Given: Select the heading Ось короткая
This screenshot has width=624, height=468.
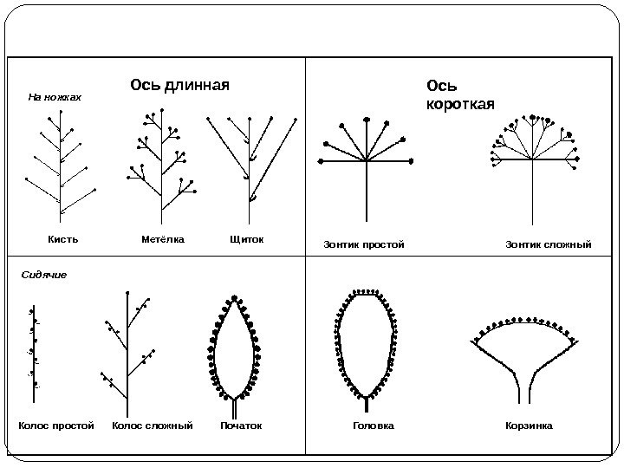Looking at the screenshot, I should (x=459, y=95).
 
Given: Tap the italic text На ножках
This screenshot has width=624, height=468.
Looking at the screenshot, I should (x=55, y=98).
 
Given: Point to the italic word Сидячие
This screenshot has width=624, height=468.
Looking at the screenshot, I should (x=43, y=274).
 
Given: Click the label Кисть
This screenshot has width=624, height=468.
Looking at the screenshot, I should (x=61, y=238).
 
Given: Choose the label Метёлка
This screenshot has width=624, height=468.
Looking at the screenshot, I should (x=163, y=238).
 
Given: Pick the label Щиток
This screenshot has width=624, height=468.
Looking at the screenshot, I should (x=246, y=238).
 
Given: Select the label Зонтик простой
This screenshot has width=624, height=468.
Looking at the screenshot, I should (x=364, y=245).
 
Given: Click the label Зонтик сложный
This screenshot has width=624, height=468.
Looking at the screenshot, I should (x=548, y=245).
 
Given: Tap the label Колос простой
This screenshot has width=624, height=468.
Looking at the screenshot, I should (x=55, y=426).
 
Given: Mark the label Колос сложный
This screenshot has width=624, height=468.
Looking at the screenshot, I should (x=153, y=426).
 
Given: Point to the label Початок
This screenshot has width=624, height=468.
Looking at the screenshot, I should (x=240, y=426).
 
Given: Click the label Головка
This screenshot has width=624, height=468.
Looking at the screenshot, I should (x=374, y=426).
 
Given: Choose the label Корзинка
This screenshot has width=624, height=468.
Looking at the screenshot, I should (x=528, y=426).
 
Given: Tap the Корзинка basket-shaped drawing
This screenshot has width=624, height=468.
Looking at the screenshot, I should (x=524, y=355).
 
